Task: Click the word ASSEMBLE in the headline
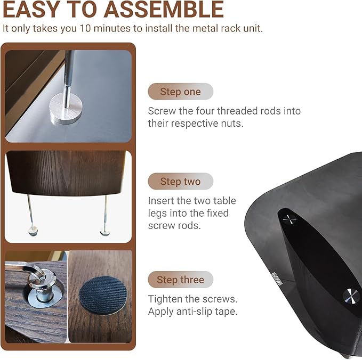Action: pos(164,10)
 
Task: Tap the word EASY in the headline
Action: pos(31,10)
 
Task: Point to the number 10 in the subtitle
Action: pos(85,29)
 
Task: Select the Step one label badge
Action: pos(180,92)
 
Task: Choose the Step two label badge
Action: pos(180,181)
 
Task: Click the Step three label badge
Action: pos(180,280)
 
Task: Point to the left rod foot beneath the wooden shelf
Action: pos(33,231)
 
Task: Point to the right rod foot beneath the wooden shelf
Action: pos(105,232)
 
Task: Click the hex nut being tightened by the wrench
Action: pos(41,276)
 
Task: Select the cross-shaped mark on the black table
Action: pos(289,219)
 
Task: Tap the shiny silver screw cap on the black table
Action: pos(351,296)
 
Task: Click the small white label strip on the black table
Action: pos(277,279)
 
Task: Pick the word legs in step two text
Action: pos(157,214)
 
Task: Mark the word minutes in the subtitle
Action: pos(112,29)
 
